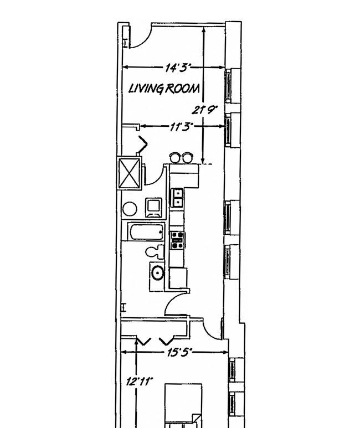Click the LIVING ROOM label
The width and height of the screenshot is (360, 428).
[x=164, y=89]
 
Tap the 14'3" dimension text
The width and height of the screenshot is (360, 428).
[x=178, y=68]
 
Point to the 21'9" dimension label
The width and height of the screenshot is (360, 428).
[x=204, y=110]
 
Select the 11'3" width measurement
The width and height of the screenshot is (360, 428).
[x=182, y=127]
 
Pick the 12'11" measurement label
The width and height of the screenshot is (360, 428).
[x=140, y=381]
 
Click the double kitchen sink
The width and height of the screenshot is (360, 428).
[x=178, y=198]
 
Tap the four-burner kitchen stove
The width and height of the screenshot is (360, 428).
[x=177, y=240]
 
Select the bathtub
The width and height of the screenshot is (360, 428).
[x=146, y=231]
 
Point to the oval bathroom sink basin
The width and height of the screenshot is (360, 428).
[x=158, y=273]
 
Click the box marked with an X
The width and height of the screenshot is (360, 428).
[x=129, y=173]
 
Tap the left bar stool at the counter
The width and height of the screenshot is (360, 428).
[x=176, y=158]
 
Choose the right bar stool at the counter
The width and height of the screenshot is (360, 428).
[x=188, y=158]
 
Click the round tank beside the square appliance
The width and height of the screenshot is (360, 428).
[x=130, y=209]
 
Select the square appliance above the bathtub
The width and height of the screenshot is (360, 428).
[x=154, y=208]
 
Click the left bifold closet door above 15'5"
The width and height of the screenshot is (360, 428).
[x=143, y=342]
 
